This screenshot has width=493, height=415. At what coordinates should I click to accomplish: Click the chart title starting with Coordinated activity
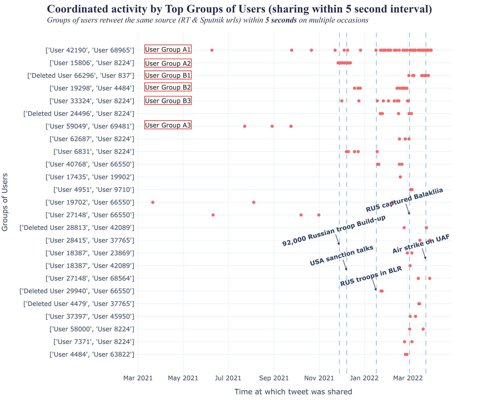point(239,9)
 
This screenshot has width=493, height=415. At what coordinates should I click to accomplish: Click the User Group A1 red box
point(168,50)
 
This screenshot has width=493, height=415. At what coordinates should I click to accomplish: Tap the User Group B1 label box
point(168,75)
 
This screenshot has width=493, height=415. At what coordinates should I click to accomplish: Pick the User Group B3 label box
point(168,101)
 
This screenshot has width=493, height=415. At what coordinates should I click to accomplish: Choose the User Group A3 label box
point(168,125)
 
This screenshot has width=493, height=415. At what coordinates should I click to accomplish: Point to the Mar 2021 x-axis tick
point(138,378)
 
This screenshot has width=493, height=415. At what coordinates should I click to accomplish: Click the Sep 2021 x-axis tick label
point(274,378)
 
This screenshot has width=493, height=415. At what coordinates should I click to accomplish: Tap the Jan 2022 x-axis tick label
point(364,378)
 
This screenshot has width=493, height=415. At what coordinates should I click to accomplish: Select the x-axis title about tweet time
point(293,392)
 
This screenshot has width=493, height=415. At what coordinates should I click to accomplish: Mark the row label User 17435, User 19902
point(90,177)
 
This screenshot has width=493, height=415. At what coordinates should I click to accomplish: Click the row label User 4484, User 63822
point(92,354)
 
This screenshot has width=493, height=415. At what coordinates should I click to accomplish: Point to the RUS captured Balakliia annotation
point(404,200)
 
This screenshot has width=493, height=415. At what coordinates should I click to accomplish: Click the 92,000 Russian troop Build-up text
point(334,231)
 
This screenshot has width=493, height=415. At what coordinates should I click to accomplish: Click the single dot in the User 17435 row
point(400,177)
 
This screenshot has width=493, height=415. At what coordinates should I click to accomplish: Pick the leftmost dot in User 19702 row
point(153,202)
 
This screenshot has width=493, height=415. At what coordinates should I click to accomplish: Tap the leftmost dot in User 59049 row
point(245,126)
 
